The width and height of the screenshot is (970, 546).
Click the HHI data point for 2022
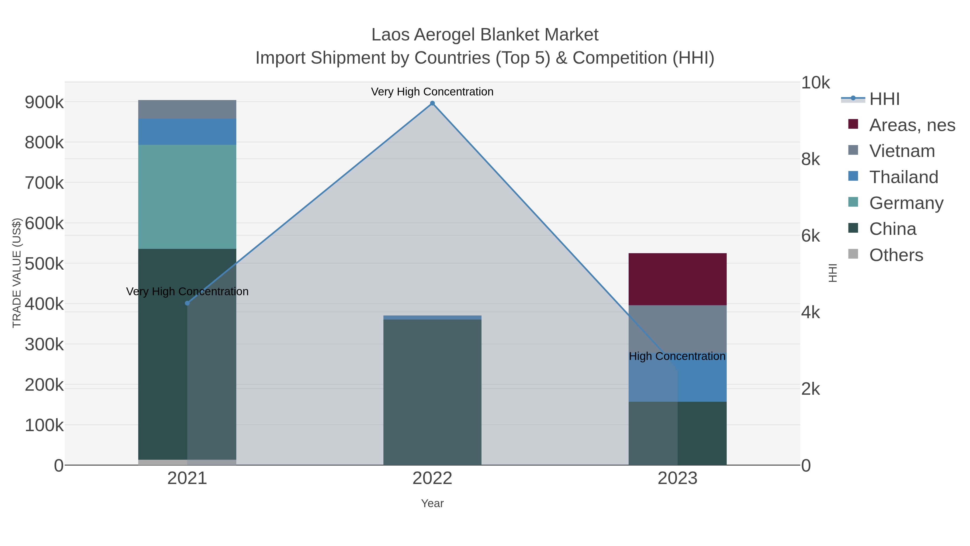pyautogui.click(x=432, y=103)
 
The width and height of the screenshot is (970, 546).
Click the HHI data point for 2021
pyautogui.click(x=187, y=303)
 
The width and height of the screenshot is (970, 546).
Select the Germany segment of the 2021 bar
pyautogui.click(x=187, y=197)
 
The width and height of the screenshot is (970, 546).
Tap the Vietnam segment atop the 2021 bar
pyautogui.click(x=187, y=109)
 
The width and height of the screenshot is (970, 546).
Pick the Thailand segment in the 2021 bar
pyautogui.click(x=187, y=132)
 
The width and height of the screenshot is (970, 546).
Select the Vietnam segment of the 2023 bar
pyautogui.click(x=677, y=328)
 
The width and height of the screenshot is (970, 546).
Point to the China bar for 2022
pyautogui.click(x=432, y=392)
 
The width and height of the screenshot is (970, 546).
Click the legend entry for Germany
pyautogui.click(x=906, y=203)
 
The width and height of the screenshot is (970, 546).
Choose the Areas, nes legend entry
pyautogui.click(x=912, y=125)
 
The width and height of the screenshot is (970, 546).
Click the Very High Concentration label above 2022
pyautogui.click(x=432, y=92)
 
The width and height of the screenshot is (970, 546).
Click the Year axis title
pyautogui.click(x=432, y=503)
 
